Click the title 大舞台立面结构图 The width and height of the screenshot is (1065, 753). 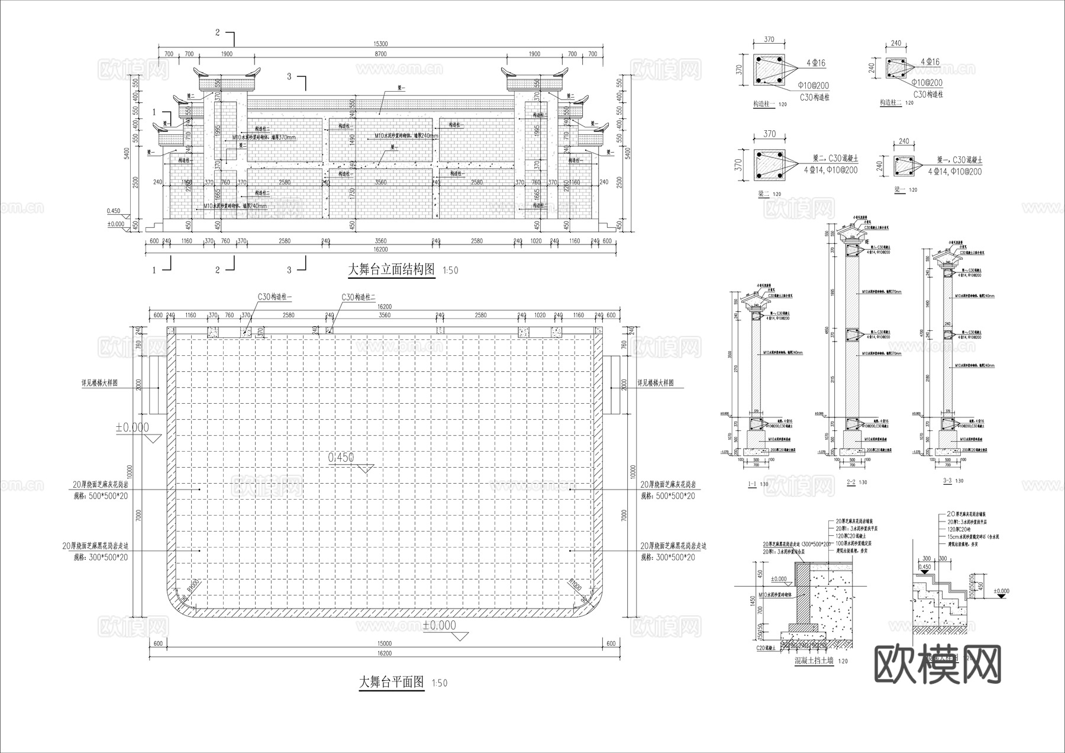tap(392, 270)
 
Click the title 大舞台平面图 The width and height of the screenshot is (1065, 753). tap(392, 682)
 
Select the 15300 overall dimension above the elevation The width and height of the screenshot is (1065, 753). tap(380, 44)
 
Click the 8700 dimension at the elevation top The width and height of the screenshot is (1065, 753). tap(380, 54)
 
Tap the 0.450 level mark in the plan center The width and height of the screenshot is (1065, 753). tap(341, 458)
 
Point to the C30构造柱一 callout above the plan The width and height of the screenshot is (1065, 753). tap(275, 297)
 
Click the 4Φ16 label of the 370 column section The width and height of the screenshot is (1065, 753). tap(815, 63)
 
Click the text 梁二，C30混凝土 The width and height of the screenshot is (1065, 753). tap(835, 159)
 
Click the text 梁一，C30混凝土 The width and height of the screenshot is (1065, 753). tap(959, 160)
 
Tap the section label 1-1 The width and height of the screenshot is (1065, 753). tap(752, 484)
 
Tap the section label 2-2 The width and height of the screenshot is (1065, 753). tap(851, 482)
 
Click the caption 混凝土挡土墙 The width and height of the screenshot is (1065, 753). tap(814, 661)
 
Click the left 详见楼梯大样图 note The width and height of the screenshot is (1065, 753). tap(99, 383)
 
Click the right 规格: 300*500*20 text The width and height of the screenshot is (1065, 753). tap(668, 558)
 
